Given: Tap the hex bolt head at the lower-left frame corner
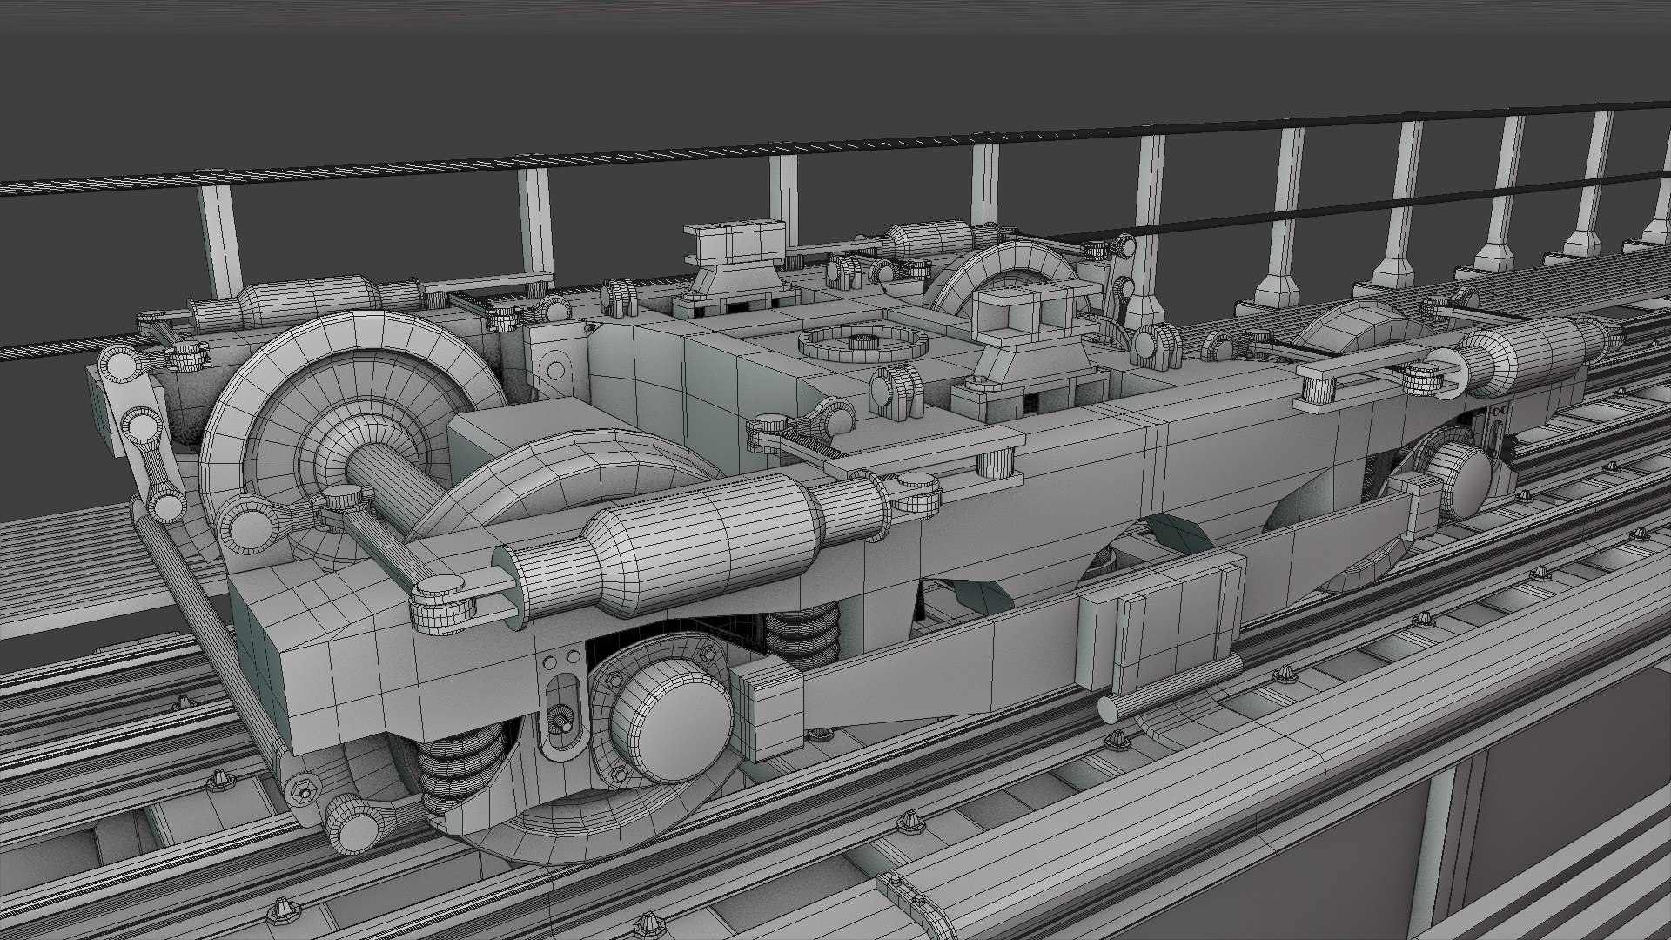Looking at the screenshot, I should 305,791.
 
